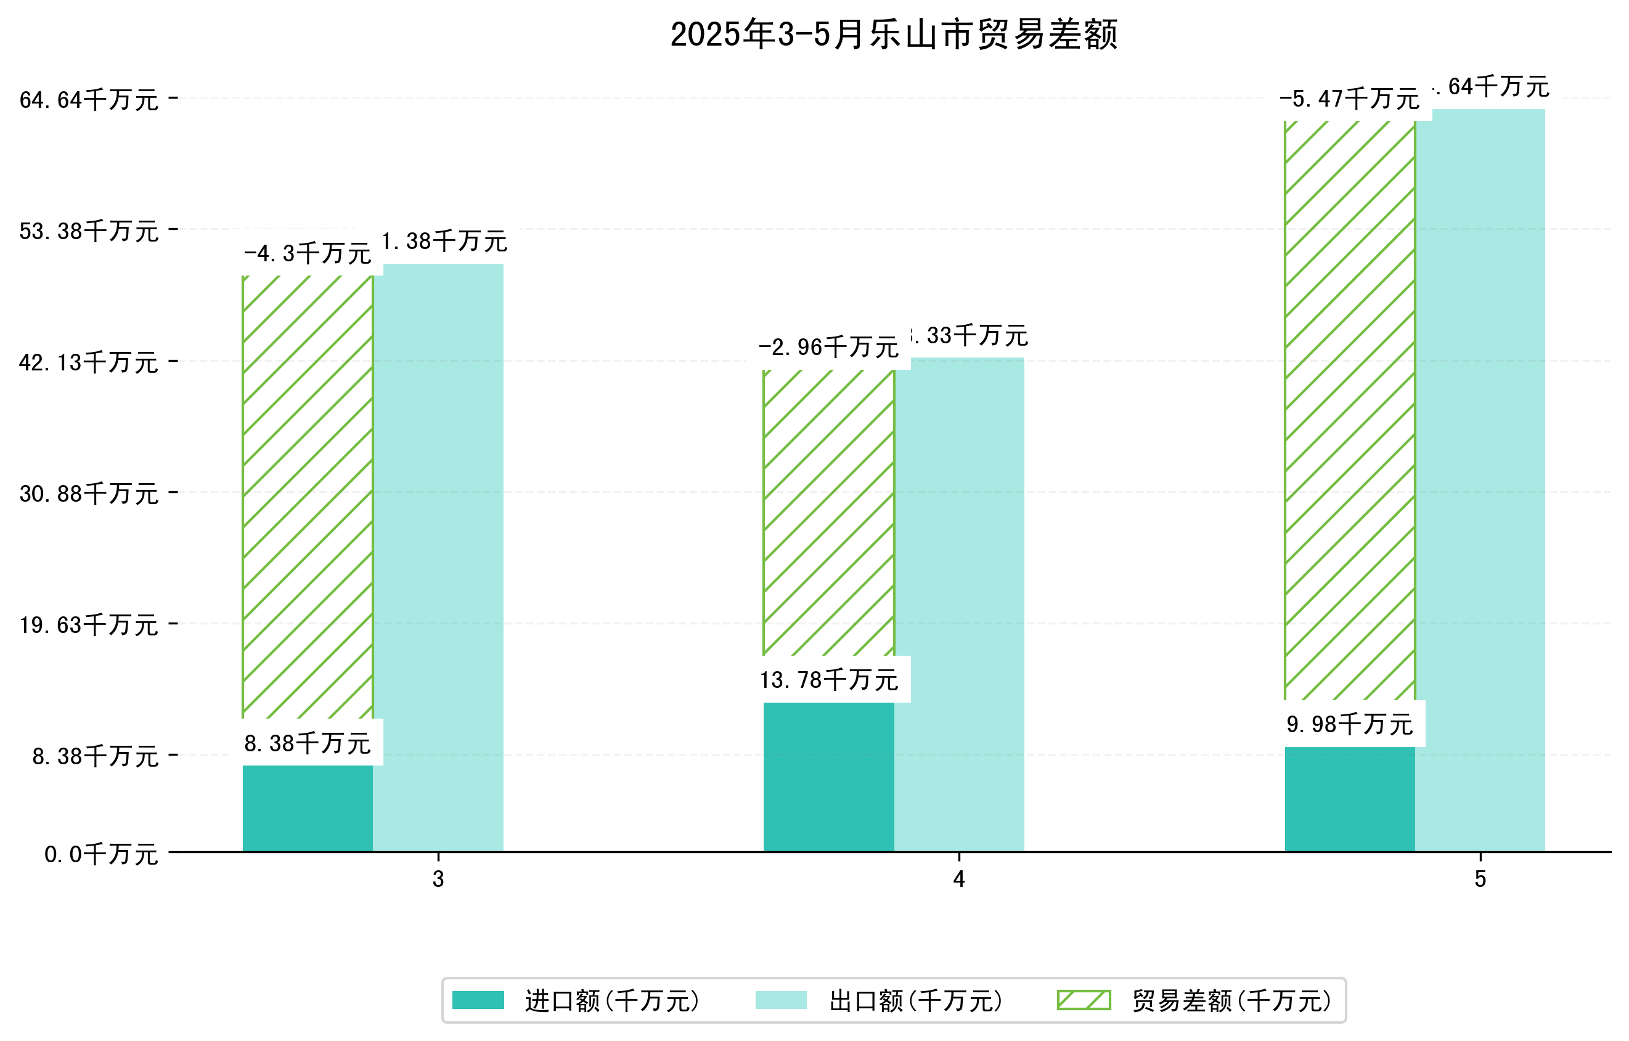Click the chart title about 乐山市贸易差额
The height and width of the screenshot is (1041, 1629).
pos(893,35)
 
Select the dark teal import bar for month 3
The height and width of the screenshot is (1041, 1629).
pos(308,808)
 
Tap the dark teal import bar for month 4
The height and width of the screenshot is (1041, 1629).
pos(829,777)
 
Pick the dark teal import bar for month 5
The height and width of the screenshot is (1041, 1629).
pos(1350,799)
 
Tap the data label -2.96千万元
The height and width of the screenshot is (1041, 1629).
pos(829,348)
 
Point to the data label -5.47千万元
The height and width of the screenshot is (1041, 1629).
pos(1350,99)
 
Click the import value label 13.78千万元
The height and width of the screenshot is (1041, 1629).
pos(829,680)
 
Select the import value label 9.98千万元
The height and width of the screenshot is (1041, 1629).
pos(1350,724)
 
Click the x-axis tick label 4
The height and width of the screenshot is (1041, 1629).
pos(959,879)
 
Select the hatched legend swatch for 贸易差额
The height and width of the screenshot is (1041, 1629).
pos(1084,1000)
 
